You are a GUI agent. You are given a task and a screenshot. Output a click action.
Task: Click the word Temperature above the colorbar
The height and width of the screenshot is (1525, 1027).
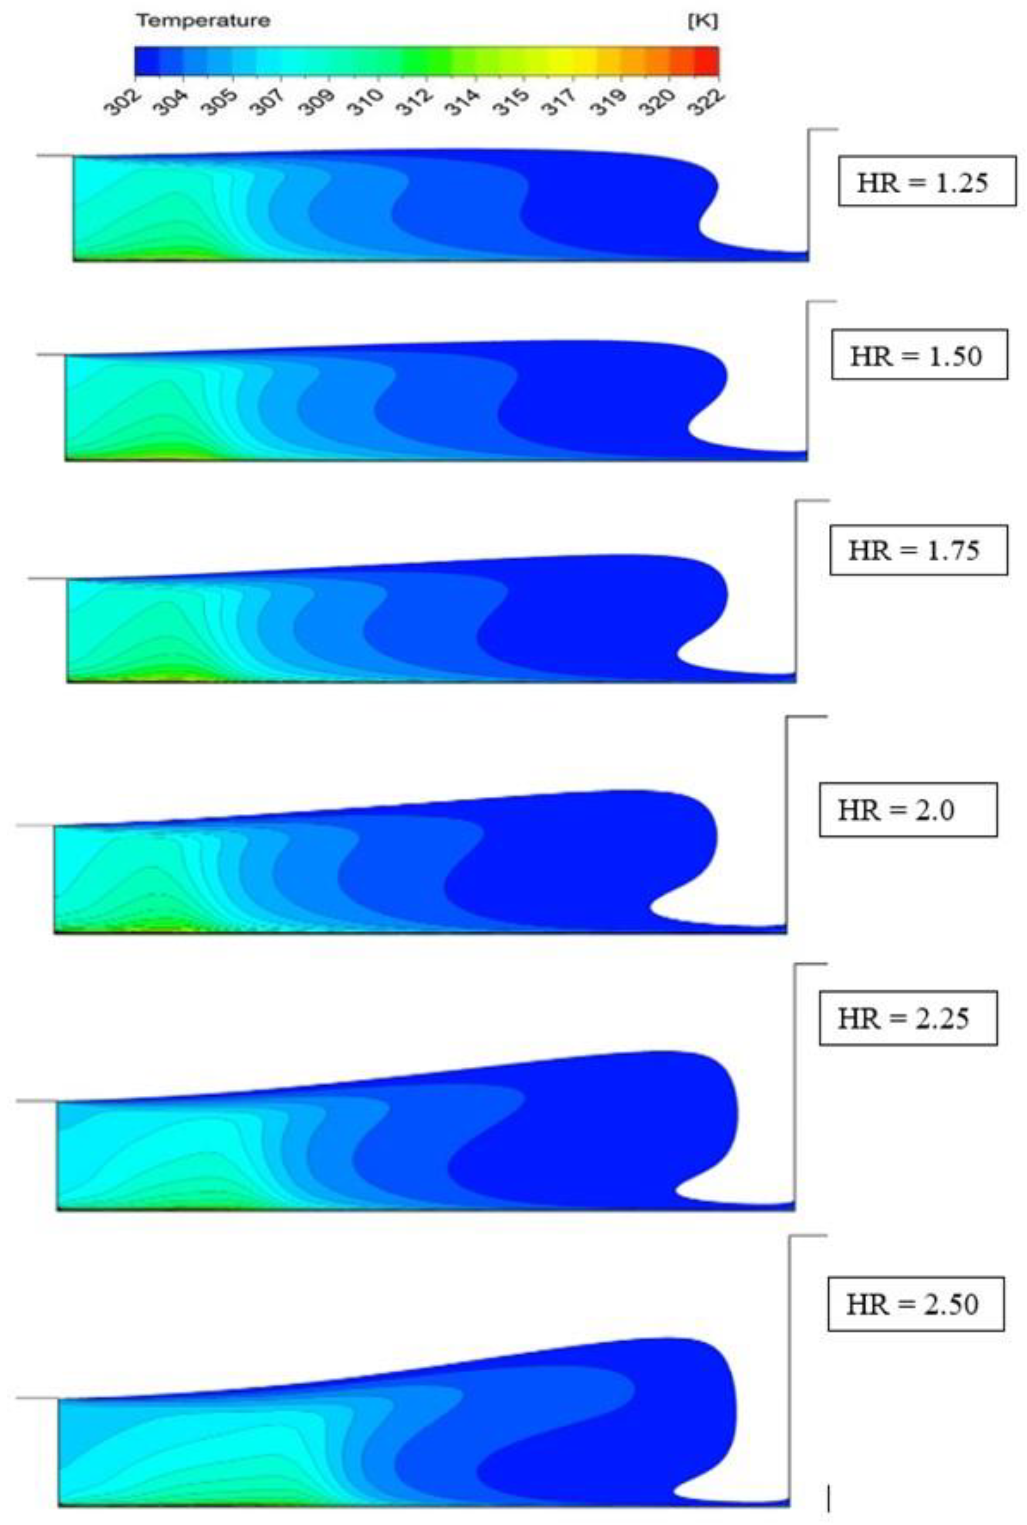coord(203,21)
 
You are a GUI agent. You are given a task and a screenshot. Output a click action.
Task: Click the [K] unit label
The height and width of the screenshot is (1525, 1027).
coord(703,21)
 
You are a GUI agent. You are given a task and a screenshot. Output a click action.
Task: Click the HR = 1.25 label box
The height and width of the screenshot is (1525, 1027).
coord(927,181)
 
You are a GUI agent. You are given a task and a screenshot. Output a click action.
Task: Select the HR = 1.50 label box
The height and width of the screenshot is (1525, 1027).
coord(919,354)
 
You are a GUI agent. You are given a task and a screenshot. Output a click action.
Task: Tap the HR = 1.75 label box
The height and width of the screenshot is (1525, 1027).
coord(918,550)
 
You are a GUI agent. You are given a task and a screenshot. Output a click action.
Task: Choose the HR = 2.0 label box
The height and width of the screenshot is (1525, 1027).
coord(908,809)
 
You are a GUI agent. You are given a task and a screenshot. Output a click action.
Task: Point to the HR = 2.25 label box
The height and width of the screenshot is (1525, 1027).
coord(908,1018)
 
